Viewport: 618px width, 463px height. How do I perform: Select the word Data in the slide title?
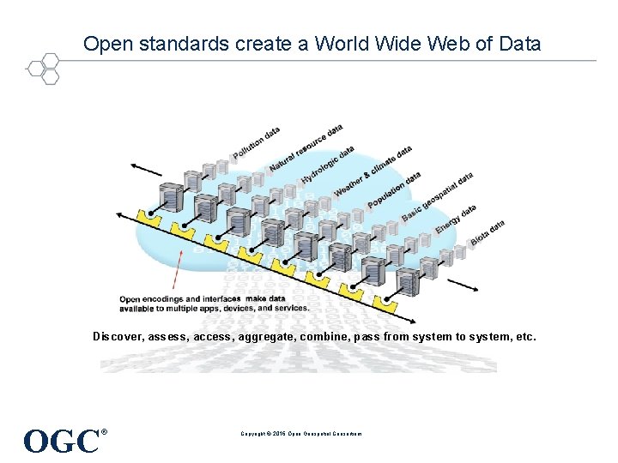pos(520,43)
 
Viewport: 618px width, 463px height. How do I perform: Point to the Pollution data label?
pos(256,143)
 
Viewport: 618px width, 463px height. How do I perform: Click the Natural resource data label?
pos(306,147)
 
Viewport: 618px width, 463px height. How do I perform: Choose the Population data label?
pos(395,189)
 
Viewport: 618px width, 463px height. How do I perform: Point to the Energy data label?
pos(456,218)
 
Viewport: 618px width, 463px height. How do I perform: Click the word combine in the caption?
pos(324,337)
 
